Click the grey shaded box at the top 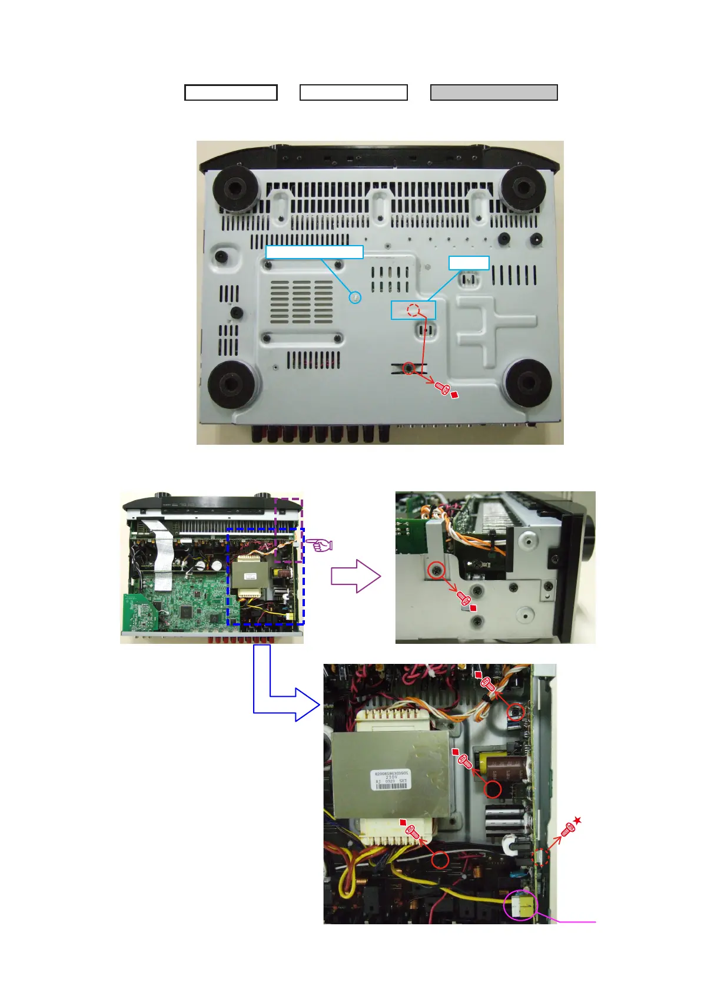pos(494,92)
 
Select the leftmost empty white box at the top pos(231,92)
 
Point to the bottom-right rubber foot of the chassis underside pos(528,383)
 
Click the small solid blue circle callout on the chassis pos(355,297)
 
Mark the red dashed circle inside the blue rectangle pos(413,310)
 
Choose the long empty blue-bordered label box pos(314,252)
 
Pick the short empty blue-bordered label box pos(469,263)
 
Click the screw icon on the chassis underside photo pos(442,388)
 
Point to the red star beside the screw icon pos(577,821)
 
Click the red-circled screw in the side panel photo pos(436,570)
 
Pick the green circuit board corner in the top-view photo pos(137,613)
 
